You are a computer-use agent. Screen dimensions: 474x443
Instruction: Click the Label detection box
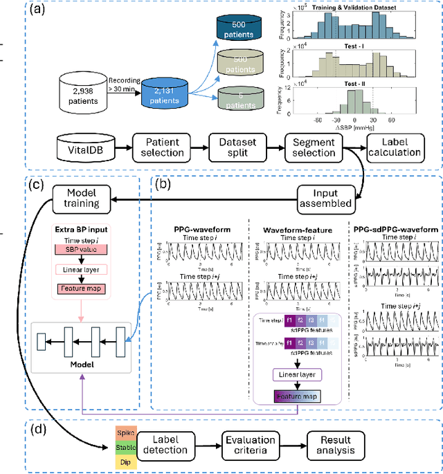coord(170,444)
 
